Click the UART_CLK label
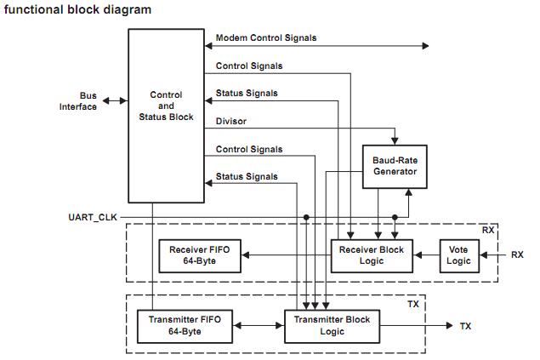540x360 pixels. pyautogui.click(x=93, y=217)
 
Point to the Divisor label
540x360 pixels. pyautogui.click(x=231, y=121)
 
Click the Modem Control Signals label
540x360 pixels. pyautogui.click(x=266, y=38)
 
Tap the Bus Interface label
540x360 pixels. pyautogui.click(x=78, y=101)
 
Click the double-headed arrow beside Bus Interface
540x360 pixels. pyautogui.click(x=115, y=100)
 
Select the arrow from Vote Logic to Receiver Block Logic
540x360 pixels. pyautogui.click(x=426, y=255)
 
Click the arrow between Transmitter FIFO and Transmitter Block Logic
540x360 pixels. pyautogui.click(x=259, y=325)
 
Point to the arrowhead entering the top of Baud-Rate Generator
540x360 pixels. pyautogui.click(x=395, y=140)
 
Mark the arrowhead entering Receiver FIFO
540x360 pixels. pyautogui.click(x=245, y=255)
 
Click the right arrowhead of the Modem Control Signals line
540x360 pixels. pyautogui.click(x=425, y=46)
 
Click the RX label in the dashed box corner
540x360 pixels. pyautogui.click(x=488, y=230)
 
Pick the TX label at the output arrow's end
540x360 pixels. pyautogui.click(x=465, y=326)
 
